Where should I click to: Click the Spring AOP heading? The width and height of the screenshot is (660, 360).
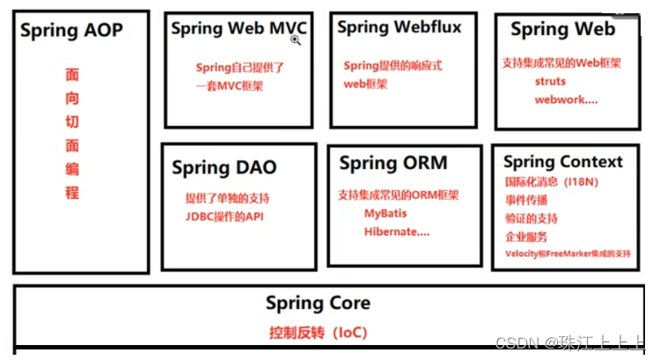coord(71,31)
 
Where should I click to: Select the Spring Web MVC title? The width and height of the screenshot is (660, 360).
coord(238,28)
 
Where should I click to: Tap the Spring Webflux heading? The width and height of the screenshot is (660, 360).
coord(399,27)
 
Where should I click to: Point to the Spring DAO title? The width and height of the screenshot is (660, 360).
coord(224,167)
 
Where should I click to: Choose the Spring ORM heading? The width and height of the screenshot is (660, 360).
coord(393,163)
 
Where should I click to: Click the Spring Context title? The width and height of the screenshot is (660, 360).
coord(563,162)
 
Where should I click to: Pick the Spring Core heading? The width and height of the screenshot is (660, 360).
coord(318,304)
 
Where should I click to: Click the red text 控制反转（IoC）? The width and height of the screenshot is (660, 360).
coord(318,333)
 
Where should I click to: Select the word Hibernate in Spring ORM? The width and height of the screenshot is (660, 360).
coord(395,232)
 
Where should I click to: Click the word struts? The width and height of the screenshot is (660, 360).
coord(550,82)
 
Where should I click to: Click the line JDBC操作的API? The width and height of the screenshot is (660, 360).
coord(224,216)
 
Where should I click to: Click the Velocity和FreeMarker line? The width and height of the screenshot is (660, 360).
coord(568,253)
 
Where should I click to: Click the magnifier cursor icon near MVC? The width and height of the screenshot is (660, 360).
coord(297,40)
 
